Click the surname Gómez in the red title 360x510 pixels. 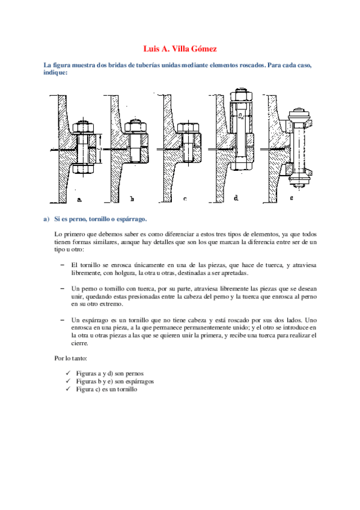[x=204, y=49]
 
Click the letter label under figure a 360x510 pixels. [x=79, y=199]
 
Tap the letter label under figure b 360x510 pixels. [x=132, y=198]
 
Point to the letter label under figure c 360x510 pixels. [x=185, y=198]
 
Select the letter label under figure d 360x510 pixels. [x=236, y=197]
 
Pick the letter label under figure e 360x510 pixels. [x=291, y=197]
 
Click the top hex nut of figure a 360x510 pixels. [x=83, y=127]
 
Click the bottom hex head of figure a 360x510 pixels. [x=83, y=168]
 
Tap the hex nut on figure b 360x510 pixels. [x=135, y=126]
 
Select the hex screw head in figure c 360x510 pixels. [x=188, y=128]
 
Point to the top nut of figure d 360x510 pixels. [x=241, y=94]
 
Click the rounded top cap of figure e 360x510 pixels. [x=299, y=115]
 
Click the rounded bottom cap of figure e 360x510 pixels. [x=299, y=182]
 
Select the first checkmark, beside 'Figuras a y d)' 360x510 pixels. [x=68, y=373]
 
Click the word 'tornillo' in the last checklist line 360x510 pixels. [x=127, y=389]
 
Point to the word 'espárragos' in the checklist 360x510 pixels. [x=139, y=381]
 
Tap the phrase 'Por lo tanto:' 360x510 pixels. [x=70, y=358]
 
